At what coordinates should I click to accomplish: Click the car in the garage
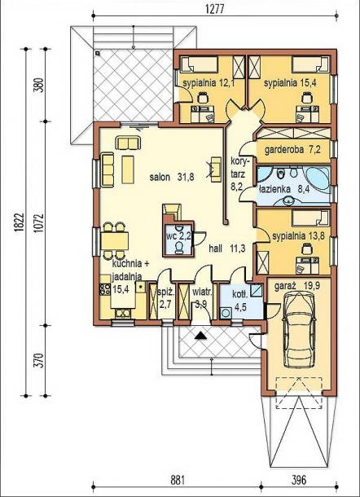[x=299, y=330]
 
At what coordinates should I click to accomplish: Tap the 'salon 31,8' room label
[x=172, y=177]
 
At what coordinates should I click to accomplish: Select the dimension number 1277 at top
[x=215, y=9]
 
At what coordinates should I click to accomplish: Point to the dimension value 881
[x=178, y=480]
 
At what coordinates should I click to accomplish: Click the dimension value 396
[x=299, y=480]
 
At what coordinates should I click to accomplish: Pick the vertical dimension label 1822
[x=20, y=222]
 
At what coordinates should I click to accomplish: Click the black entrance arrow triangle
[x=200, y=336]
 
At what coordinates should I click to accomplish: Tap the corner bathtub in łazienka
[x=317, y=178]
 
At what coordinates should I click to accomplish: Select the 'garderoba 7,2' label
[x=293, y=149]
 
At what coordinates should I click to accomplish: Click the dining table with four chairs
[x=114, y=240]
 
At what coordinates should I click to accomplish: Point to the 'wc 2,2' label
[x=178, y=236]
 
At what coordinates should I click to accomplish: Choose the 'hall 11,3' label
[x=227, y=248]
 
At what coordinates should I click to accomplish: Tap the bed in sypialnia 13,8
[x=311, y=218]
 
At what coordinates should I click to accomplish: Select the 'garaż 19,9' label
[x=297, y=286]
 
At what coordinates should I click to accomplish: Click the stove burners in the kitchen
[x=104, y=288]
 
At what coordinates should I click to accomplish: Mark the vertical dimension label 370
[x=38, y=361]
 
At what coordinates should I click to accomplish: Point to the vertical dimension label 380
[x=38, y=85]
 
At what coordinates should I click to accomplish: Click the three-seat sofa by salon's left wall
[x=108, y=170]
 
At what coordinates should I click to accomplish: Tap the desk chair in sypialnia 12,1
[x=202, y=97]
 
